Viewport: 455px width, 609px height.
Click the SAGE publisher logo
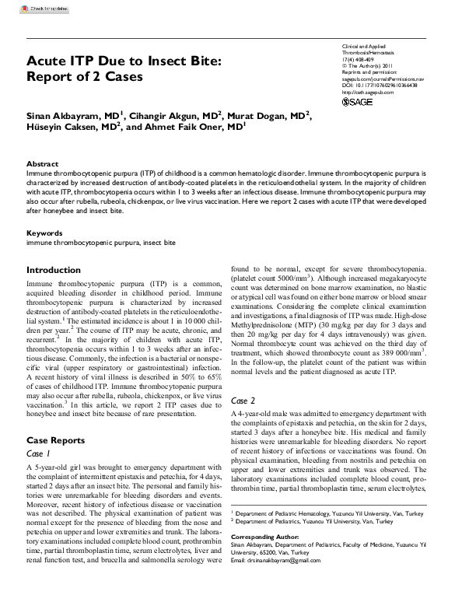tap(358, 102)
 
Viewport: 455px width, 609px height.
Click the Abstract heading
tap(43, 164)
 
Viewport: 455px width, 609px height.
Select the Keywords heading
tap(44, 233)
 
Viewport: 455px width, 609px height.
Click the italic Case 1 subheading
tap(39, 453)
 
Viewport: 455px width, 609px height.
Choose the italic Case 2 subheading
tap(243, 400)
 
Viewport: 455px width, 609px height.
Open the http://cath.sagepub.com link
tap(368, 93)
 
